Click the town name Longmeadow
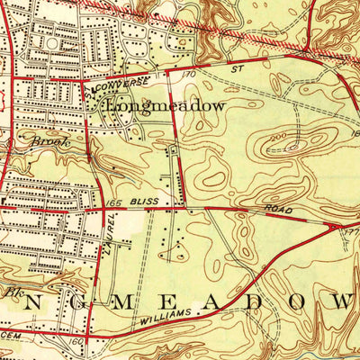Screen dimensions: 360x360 point(165,105)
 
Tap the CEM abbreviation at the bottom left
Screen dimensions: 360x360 point(9,332)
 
